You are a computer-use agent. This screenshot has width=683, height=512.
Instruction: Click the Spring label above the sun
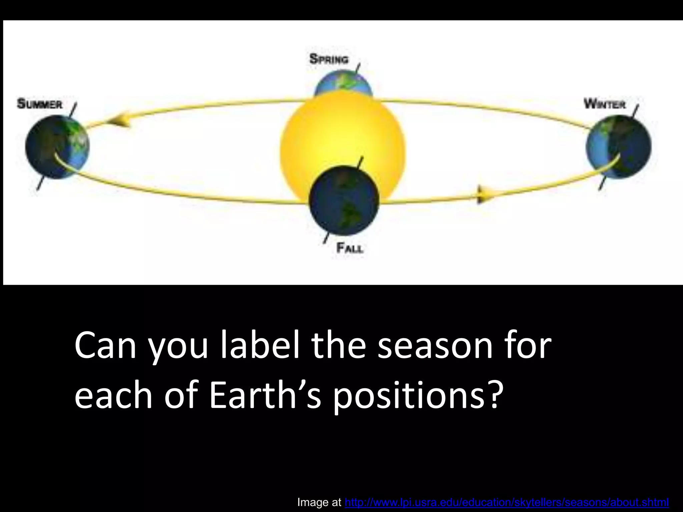pyautogui.click(x=329, y=59)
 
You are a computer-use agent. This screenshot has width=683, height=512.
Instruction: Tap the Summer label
pyautogui.click(x=40, y=104)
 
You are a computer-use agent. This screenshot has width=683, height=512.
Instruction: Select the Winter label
pyautogui.click(x=604, y=104)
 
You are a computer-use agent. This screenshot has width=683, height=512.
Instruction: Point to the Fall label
pyautogui.click(x=350, y=248)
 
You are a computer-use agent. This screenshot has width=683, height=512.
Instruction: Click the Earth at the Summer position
pyautogui.click(x=57, y=147)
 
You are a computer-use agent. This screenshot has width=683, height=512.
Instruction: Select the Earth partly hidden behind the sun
pyautogui.click(x=343, y=85)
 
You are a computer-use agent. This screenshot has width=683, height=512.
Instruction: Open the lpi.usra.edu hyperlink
pyautogui.click(x=507, y=502)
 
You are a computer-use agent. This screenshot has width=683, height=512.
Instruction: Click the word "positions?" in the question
pyautogui.click(x=417, y=395)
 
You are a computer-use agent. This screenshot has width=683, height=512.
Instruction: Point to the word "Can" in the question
pyautogui.click(x=105, y=346)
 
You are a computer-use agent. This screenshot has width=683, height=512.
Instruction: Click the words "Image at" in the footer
pyautogui.click(x=319, y=502)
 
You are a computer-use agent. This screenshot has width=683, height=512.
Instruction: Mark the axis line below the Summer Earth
pyautogui.click(x=40, y=183)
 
